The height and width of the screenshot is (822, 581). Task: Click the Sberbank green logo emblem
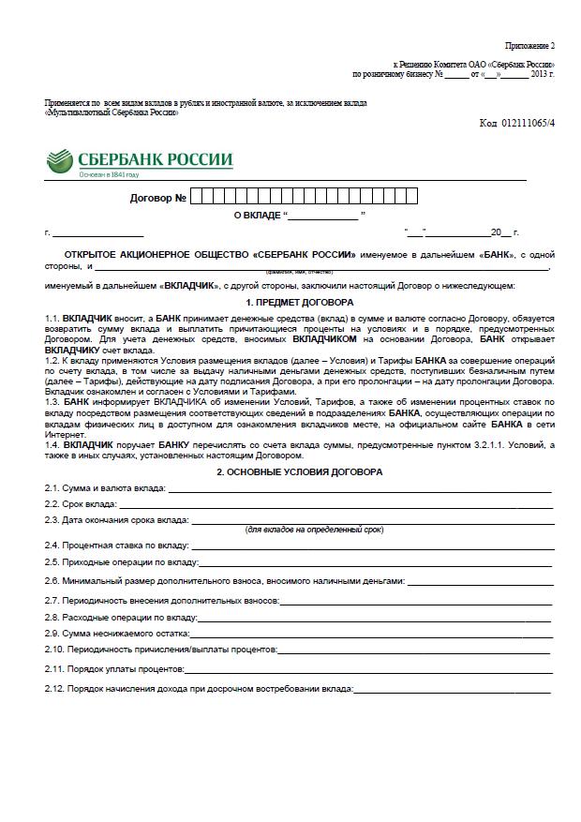[x=58, y=162]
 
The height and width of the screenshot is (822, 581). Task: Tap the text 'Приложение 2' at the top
[x=530, y=45]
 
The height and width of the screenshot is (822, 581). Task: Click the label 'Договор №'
[x=158, y=198]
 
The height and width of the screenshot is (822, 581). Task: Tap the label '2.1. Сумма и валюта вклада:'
[x=105, y=488]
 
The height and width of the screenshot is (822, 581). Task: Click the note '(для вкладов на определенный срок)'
[x=300, y=530]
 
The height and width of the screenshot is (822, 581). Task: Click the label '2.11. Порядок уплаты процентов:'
[x=114, y=669]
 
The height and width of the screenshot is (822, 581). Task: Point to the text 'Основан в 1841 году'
[x=108, y=174]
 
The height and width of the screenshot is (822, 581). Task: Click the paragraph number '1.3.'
[x=52, y=401]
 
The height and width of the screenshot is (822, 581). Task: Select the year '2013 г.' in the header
[x=543, y=73]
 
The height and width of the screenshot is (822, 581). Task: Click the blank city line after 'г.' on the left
[x=84, y=232]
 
